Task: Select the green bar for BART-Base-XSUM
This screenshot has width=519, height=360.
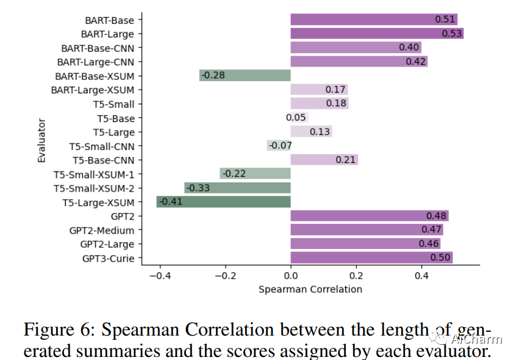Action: (x=245, y=76)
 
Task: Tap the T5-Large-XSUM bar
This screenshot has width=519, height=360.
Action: (x=223, y=202)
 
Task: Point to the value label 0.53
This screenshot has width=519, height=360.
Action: (x=452, y=34)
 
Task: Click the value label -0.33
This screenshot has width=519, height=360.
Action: (x=198, y=188)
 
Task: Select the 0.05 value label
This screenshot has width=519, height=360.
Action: (x=296, y=118)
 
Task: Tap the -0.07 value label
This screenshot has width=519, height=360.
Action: (x=281, y=146)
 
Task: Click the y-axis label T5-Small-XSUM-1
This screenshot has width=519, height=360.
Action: (x=94, y=174)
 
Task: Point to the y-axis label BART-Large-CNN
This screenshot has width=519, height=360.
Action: (x=96, y=62)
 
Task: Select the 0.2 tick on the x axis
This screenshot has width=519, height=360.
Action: (x=356, y=275)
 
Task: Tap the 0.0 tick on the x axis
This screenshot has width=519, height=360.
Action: (x=290, y=275)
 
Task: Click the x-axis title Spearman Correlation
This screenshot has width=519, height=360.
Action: (x=310, y=289)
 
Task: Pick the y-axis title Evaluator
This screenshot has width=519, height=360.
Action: (x=41, y=142)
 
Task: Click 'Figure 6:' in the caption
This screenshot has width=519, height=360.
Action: (x=59, y=330)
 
